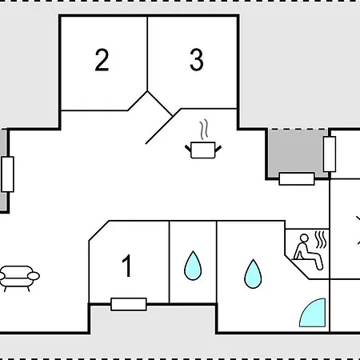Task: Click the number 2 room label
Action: pos(102,60)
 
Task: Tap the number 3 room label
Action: pos(197,60)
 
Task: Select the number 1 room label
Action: pos(127,266)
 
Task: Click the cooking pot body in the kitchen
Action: pos(203,150)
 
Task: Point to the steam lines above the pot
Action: pos(204,130)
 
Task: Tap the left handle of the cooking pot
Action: pos(188,148)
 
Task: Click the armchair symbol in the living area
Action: pos(19,278)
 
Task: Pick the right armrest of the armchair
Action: pos(34,276)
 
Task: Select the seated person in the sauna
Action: pos(309,252)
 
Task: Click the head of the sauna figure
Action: pos(304,238)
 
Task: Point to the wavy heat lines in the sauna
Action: pos(321,239)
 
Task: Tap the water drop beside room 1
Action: pos(193,266)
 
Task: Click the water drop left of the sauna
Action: pos(253,274)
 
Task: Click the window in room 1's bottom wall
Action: pos(129,304)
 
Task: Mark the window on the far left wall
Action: pos(7,174)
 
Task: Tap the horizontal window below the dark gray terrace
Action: pos(297,178)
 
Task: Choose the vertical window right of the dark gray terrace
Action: pos(330,154)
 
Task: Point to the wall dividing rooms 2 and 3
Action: pos(147,54)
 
